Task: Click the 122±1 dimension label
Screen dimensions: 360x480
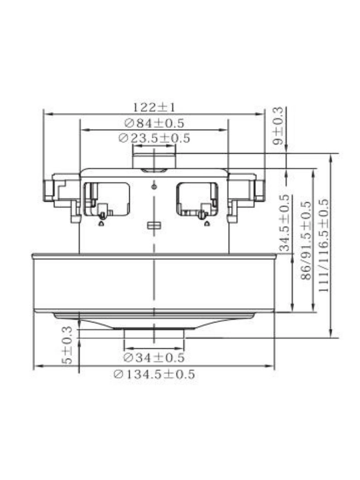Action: [154, 107]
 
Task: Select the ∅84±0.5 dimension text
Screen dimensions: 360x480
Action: [154, 123]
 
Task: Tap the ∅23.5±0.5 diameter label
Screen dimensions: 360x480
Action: [154, 138]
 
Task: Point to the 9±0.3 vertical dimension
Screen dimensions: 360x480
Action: [278, 126]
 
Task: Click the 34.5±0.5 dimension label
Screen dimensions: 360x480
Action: [285, 223]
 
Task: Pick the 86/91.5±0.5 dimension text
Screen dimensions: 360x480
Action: [306, 240]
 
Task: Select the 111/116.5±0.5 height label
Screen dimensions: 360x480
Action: [323, 245]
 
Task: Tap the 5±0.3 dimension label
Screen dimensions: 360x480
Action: [67, 345]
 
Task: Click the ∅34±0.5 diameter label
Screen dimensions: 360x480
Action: [154, 357]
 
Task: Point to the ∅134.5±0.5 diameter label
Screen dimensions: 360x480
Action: [154, 374]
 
